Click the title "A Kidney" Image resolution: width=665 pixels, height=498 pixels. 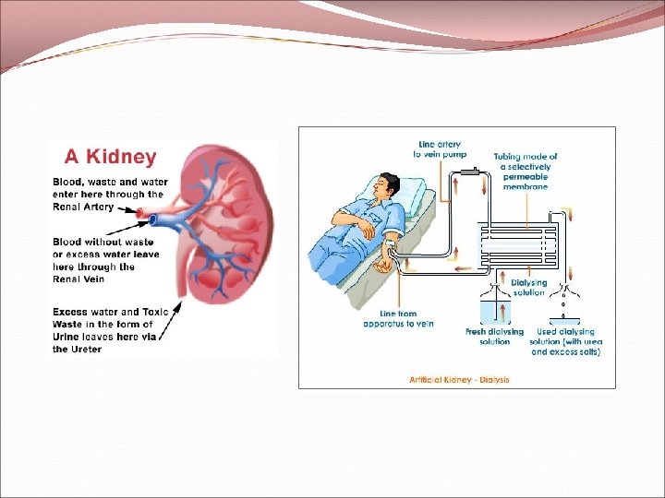[110, 158]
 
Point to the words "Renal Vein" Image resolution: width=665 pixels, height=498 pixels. [79, 279]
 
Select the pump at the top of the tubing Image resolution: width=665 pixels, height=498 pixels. [473, 172]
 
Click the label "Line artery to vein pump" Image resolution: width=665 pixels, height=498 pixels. [442, 148]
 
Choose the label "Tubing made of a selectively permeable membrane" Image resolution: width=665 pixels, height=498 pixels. [526, 172]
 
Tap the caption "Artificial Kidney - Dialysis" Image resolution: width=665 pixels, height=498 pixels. [460, 379]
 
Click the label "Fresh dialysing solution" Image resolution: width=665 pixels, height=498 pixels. [495, 337]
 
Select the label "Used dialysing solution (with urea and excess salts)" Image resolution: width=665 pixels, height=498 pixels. [565, 341]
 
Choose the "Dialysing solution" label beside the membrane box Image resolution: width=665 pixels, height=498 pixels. [528, 287]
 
